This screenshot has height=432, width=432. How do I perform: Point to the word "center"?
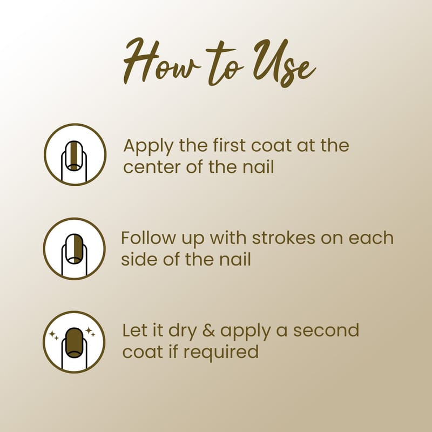152,167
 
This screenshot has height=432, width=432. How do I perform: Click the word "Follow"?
148,238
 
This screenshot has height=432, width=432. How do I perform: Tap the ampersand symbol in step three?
208,330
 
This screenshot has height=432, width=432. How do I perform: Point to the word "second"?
326,330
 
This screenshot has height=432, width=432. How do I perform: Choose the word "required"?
221,353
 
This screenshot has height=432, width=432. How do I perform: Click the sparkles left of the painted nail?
53,335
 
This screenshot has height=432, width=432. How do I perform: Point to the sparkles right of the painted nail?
90,332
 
